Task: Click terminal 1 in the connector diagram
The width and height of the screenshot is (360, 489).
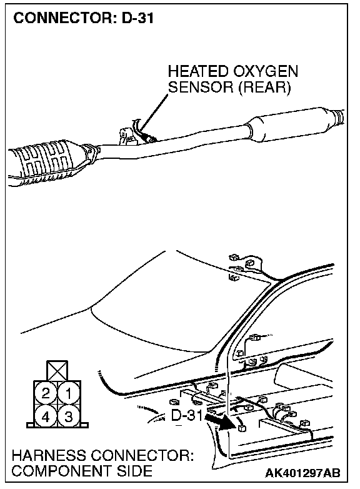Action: coord(69,393)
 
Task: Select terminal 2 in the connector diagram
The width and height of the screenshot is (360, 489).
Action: coord(46,393)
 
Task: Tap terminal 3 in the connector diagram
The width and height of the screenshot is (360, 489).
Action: coord(69,416)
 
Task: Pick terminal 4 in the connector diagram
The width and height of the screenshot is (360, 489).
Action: coord(46,416)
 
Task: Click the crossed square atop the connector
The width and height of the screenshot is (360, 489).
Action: coord(57,370)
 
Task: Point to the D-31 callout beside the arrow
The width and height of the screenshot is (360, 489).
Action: coord(187,415)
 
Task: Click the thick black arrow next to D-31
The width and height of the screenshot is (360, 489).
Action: coord(219,421)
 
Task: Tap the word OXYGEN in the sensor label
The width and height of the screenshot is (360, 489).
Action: coord(265,71)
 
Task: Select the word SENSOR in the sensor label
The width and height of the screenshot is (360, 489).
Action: coord(201,87)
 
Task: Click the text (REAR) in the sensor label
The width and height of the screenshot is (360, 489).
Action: coord(264,88)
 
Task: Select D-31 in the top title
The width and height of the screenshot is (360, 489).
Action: coord(137,18)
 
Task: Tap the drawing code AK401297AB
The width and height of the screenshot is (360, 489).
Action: coord(302,473)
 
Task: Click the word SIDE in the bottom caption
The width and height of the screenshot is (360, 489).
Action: coord(134,471)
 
